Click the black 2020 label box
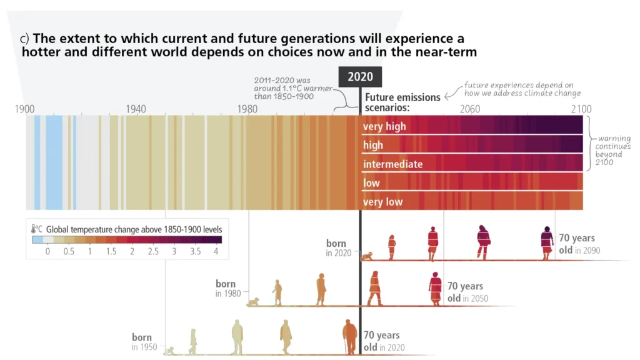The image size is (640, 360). pos(360,77)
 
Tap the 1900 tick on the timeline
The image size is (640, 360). pos(25,109)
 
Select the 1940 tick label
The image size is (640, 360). pos(136,109)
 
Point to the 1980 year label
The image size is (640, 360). pos(247,109)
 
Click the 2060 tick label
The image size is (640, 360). pos(470,109)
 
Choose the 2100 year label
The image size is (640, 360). pos(581,109)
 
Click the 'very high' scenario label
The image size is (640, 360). pos(384,126)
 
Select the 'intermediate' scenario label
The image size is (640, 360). pos(393,164)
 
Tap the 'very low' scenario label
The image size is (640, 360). pos(382,202)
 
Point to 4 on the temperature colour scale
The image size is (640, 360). pos(216,251)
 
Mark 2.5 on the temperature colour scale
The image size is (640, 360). pos(153,251)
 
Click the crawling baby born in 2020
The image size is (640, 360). pos(367,256)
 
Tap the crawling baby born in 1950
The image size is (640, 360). pos(169,351)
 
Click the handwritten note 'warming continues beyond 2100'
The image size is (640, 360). pos(614,150)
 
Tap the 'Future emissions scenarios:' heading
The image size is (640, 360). pos(402,102)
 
